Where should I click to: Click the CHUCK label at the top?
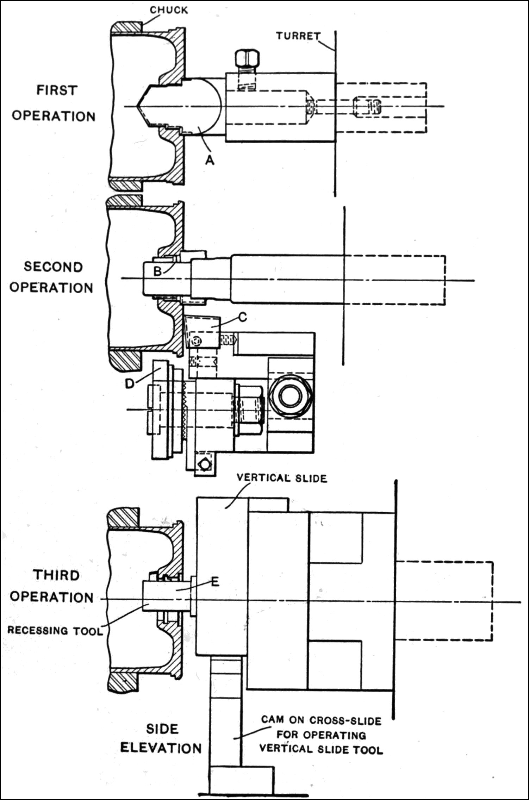coord(169,10)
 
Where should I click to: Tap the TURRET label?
coord(298,36)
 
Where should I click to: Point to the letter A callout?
coord(210,161)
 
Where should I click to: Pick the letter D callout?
coord(130,383)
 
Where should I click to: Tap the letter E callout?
coord(215,582)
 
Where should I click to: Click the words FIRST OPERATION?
coord(54,103)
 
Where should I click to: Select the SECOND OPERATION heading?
coord(52,277)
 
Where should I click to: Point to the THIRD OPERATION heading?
coord(52,586)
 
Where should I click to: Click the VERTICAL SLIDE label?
coord(282,478)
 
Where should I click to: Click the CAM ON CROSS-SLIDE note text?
coord(321,735)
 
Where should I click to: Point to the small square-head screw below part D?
coord(204,465)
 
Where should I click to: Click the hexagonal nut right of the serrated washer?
coord(249,409)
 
